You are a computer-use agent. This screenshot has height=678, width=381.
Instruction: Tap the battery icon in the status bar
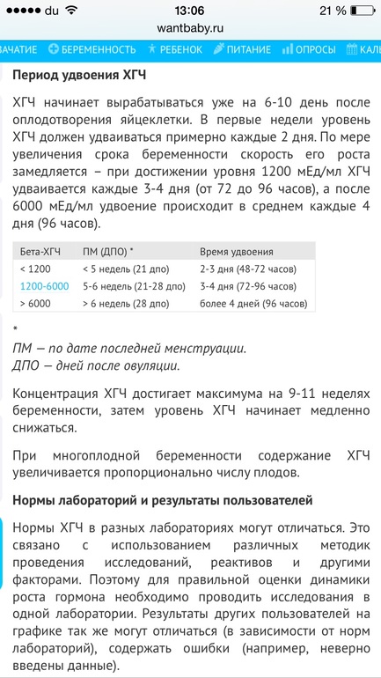(x=356, y=11)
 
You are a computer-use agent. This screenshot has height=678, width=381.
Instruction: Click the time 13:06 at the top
(x=190, y=11)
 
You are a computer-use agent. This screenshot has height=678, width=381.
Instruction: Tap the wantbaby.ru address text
(x=190, y=28)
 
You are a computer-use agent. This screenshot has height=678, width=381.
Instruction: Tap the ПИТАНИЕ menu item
(x=245, y=49)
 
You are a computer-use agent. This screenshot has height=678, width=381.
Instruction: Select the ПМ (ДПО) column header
(x=107, y=251)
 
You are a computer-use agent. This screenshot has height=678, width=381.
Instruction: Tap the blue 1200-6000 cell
(x=45, y=286)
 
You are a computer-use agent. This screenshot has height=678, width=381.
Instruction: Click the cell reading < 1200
(x=36, y=269)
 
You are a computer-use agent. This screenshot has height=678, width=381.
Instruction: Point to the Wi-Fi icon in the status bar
(x=71, y=11)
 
